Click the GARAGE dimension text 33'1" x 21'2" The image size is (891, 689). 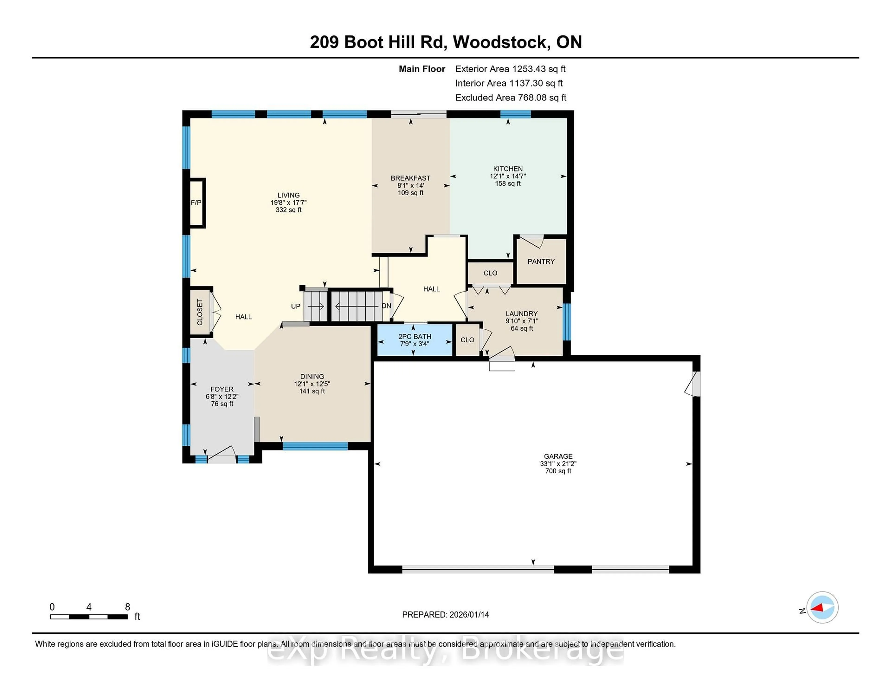pos(558,464)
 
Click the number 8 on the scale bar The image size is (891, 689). pos(127,607)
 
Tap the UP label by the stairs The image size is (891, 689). pos(295,306)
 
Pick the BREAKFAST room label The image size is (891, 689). pos(410,178)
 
